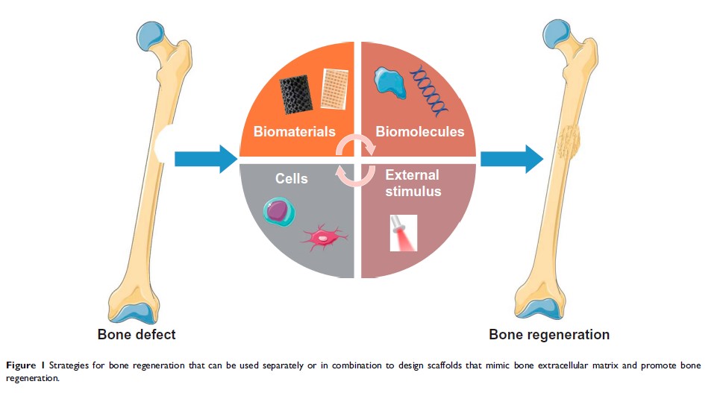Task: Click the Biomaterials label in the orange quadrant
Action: (295, 132)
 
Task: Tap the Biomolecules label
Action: (420, 132)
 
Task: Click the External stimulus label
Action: (412, 183)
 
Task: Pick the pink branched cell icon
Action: (322, 238)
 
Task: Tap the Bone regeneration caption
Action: (549, 333)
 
